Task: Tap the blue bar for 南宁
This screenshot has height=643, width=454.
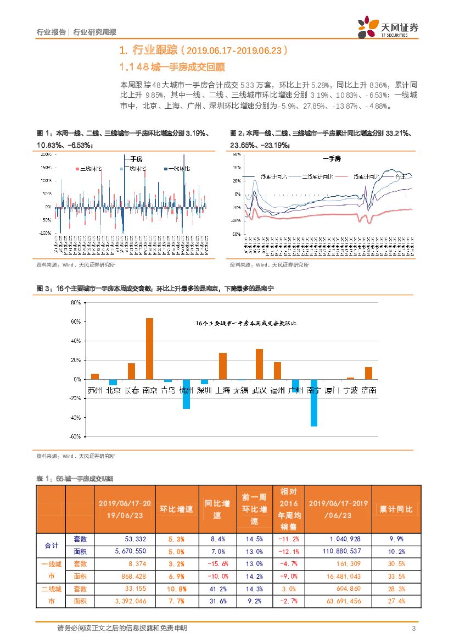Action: click(x=314, y=402)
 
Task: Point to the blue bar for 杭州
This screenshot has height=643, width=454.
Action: click(x=186, y=393)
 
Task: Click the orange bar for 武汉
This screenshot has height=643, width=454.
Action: click(x=259, y=364)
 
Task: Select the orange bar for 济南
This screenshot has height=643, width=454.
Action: click(x=368, y=373)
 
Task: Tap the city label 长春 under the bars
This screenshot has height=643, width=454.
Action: click(x=131, y=390)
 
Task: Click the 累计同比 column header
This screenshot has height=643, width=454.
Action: click(x=396, y=509)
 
